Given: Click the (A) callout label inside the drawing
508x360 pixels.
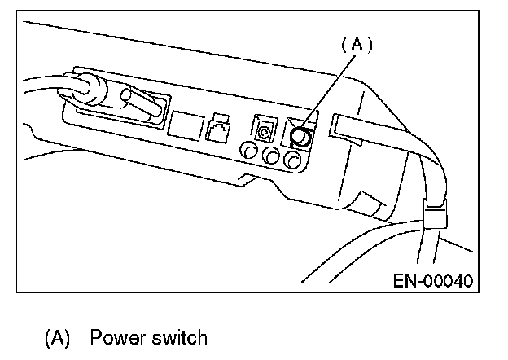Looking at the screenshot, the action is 357,45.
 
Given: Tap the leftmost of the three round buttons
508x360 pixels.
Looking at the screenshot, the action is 249,151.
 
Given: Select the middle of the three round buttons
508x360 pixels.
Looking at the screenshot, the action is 271,156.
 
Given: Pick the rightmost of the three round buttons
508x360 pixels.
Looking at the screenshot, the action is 293,160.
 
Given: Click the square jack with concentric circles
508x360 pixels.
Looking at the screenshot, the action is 265,129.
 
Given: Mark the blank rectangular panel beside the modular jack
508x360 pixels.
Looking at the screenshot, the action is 186,125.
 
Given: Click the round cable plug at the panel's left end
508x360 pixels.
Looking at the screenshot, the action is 88,89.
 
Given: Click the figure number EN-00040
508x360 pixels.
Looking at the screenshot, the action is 433,281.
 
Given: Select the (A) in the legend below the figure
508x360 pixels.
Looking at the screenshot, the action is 57,338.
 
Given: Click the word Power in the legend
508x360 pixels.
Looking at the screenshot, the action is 117,337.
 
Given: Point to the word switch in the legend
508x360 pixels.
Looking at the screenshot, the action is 179,337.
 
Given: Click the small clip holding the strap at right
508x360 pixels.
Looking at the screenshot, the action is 435,214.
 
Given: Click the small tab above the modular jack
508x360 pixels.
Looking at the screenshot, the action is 221,117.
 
